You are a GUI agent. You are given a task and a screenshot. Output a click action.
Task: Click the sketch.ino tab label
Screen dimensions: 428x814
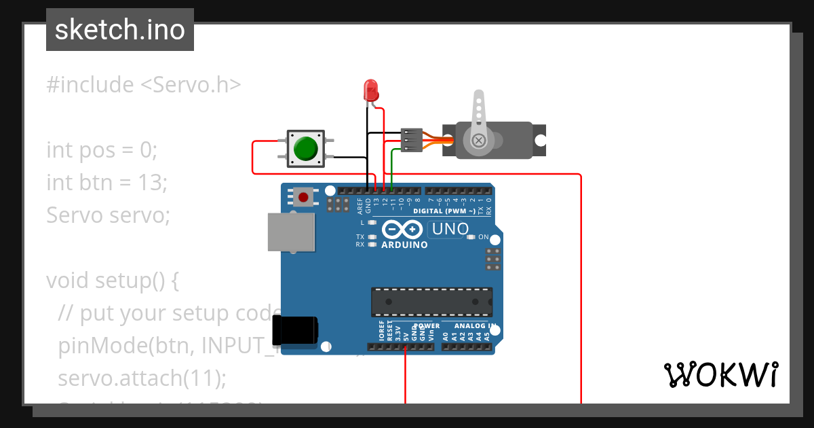coord(119,30)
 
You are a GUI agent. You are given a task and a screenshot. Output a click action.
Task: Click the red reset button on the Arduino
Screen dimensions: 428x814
coord(303,198)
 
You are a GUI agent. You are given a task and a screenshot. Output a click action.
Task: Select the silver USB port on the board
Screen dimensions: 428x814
coord(291,232)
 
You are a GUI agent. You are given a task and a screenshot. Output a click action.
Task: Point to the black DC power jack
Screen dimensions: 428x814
coord(294,331)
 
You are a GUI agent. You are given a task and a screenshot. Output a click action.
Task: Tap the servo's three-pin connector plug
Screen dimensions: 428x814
coord(411,140)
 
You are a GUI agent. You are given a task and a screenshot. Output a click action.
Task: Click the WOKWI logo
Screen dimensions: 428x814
coord(720,374)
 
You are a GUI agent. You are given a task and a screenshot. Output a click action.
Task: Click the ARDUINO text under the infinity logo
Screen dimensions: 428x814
coord(404,245)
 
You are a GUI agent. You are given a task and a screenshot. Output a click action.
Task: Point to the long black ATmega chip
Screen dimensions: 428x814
coord(431,302)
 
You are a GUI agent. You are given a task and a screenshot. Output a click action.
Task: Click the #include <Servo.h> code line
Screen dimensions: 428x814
coord(143,85)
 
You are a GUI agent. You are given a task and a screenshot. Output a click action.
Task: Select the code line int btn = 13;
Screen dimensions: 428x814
coord(106,183)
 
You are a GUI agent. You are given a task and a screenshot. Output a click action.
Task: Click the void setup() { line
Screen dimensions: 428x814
coord(113,281)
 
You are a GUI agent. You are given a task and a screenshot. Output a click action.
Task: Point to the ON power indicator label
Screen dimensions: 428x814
coord(484,237)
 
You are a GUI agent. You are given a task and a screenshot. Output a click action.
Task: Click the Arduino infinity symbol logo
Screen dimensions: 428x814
coord(404,230)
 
